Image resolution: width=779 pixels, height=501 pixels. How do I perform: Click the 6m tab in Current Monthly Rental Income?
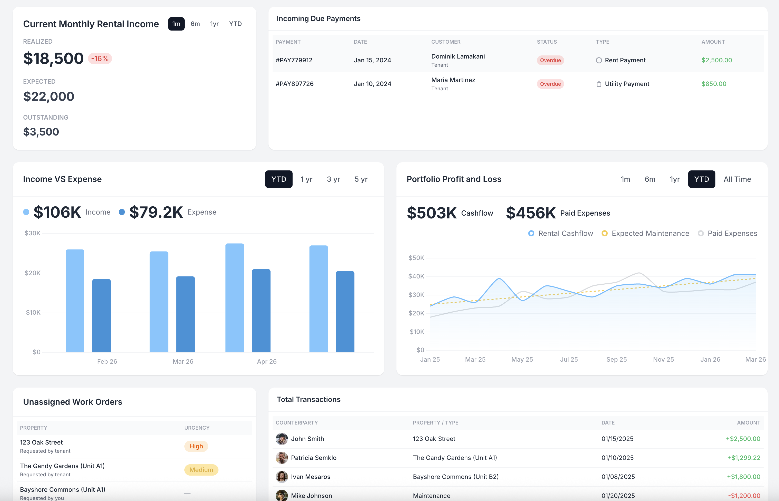pyautogui.click(x=195, y=24)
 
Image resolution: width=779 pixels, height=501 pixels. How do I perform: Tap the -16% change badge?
pyautogui.click(x=100, y=59)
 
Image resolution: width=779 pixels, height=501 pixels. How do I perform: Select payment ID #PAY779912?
pyautogui.click(x=294, y=60)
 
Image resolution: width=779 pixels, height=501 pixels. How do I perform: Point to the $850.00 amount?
pyautogui.click(x=714, y=84)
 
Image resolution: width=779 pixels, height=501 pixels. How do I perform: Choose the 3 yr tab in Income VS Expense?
pyautogui.click(x=333, y=179)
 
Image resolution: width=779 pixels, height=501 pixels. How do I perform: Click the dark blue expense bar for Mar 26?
pyautogui.click(x=185, y=314)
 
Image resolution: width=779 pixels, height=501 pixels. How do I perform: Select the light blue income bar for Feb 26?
pyautogui.click(x=75, y=301)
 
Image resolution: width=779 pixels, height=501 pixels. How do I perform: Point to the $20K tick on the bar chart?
pyautogui.click(x=33, y=273)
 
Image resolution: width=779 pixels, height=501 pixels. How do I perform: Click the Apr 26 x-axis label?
pyautogui.click(x=266, y=361)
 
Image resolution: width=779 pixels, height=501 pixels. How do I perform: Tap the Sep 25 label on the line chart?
pyautogui.click(x=616, y=360)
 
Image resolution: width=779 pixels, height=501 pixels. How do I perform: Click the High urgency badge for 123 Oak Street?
pyautogui.click(x=196, y=446)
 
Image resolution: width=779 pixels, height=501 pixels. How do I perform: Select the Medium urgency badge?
pyautogui.click(x=201, y=470)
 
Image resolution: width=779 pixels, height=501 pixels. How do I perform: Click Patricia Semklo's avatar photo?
pyautogui.click(x=282, y=458)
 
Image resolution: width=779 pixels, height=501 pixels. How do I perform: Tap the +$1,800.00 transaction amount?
pyautogui.click(x=743, y=477)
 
